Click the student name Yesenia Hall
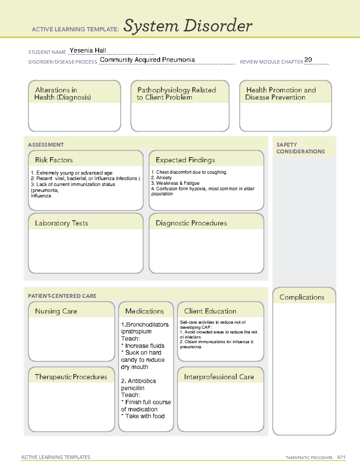88,50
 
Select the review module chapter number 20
308,60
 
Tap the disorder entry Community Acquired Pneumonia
147,60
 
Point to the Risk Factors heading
54,160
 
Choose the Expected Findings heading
185,160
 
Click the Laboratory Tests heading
61,223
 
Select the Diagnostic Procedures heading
191,223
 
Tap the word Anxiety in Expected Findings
164,178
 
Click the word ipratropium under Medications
136,331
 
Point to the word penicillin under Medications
133,388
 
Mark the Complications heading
302,297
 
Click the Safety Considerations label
300,148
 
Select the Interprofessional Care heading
219,377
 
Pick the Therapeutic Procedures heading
71,377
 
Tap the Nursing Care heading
56,311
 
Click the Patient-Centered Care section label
62,296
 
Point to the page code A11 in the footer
341,457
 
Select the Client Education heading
210,311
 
